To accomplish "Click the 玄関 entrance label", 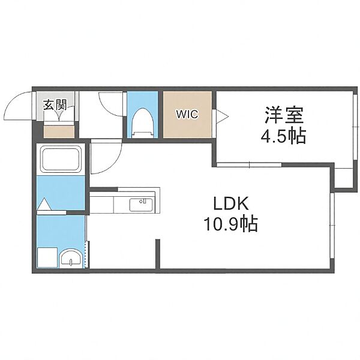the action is click(x=55, y=106).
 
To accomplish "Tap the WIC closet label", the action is click(x=187, y=114).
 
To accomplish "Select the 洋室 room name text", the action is click(x=284, y=115).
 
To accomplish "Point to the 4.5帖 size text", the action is click(x=283, y=136).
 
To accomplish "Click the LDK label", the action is click(x=231, y=203).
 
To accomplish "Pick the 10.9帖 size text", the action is click(x=231, y=224).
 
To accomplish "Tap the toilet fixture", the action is click(x=143, y=123).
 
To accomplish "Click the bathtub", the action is click(x=61, y=159).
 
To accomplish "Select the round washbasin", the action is click(x=71, y=258).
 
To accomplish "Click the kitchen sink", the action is click(x=141, y=205).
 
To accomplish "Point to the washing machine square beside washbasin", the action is click(x=47, y=257).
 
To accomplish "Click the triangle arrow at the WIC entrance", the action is click(x=223, y=116).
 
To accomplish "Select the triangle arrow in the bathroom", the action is click(x=44, y=204).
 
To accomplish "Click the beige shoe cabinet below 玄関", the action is click(x=59, y=132).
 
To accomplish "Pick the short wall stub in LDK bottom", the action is click(x=158, y=254).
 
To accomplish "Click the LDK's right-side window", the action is click(x=332, y=226).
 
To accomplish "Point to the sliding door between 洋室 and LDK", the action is click(x=249, y=164).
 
